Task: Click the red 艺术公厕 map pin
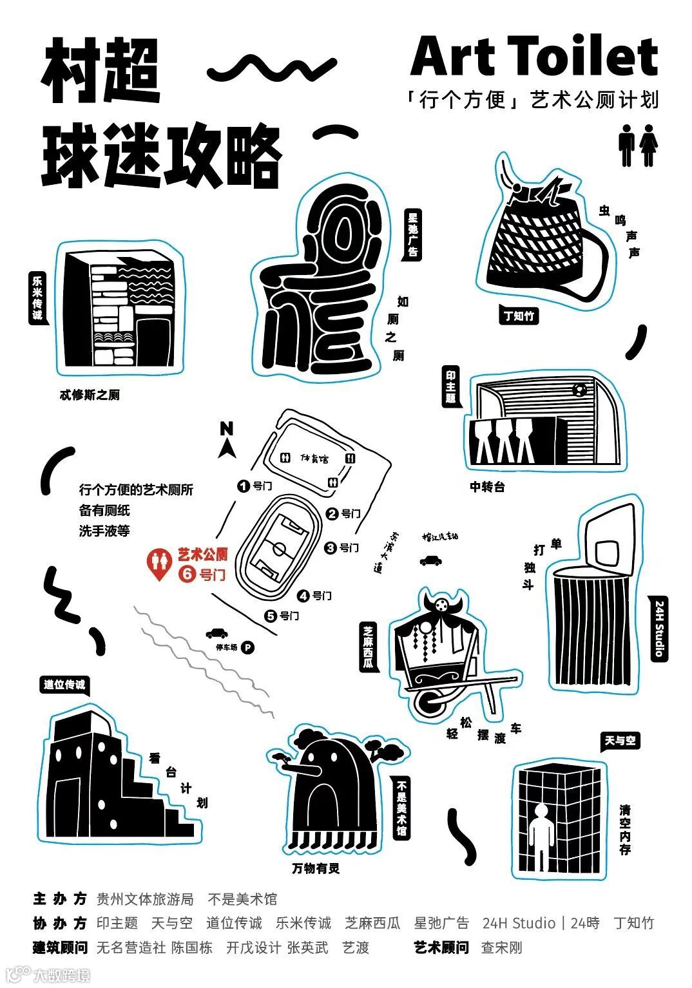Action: coord(159,564)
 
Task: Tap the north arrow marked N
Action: coord(226,438)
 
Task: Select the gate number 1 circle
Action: coord(244,486)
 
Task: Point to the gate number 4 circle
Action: coord(303,596)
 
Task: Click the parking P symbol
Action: coord(247,647)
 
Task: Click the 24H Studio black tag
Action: coord(658,628)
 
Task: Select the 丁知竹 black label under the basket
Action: coord(519,316)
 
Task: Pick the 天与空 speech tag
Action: coord(620,741)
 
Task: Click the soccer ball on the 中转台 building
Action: coord(579,389)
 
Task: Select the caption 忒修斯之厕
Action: coord(90,395)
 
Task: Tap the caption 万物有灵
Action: coord(315,868)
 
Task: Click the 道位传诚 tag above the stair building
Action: coord(64,685)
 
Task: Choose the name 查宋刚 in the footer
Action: coord(501,947)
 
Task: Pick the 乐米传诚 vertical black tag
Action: coord(38,297)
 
